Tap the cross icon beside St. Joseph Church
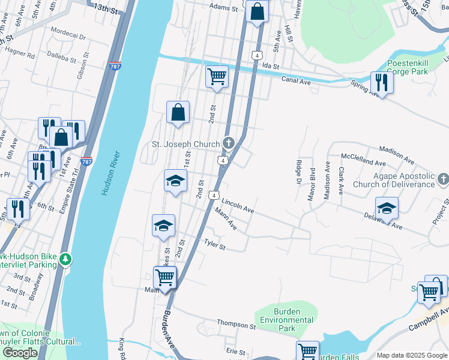(x=228, y=143)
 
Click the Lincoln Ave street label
(x=238, y=207)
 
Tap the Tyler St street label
(x=214, y=245)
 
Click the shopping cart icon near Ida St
(x=217, y=77)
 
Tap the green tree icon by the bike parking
(x=65, y=260)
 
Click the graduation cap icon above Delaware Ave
(x=387, y=208)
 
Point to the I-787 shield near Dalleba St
(x=115, y=65)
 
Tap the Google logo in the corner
(x=20, y=353)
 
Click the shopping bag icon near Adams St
(x=257, y=11)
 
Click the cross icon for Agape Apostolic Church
(x=442, y=179)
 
